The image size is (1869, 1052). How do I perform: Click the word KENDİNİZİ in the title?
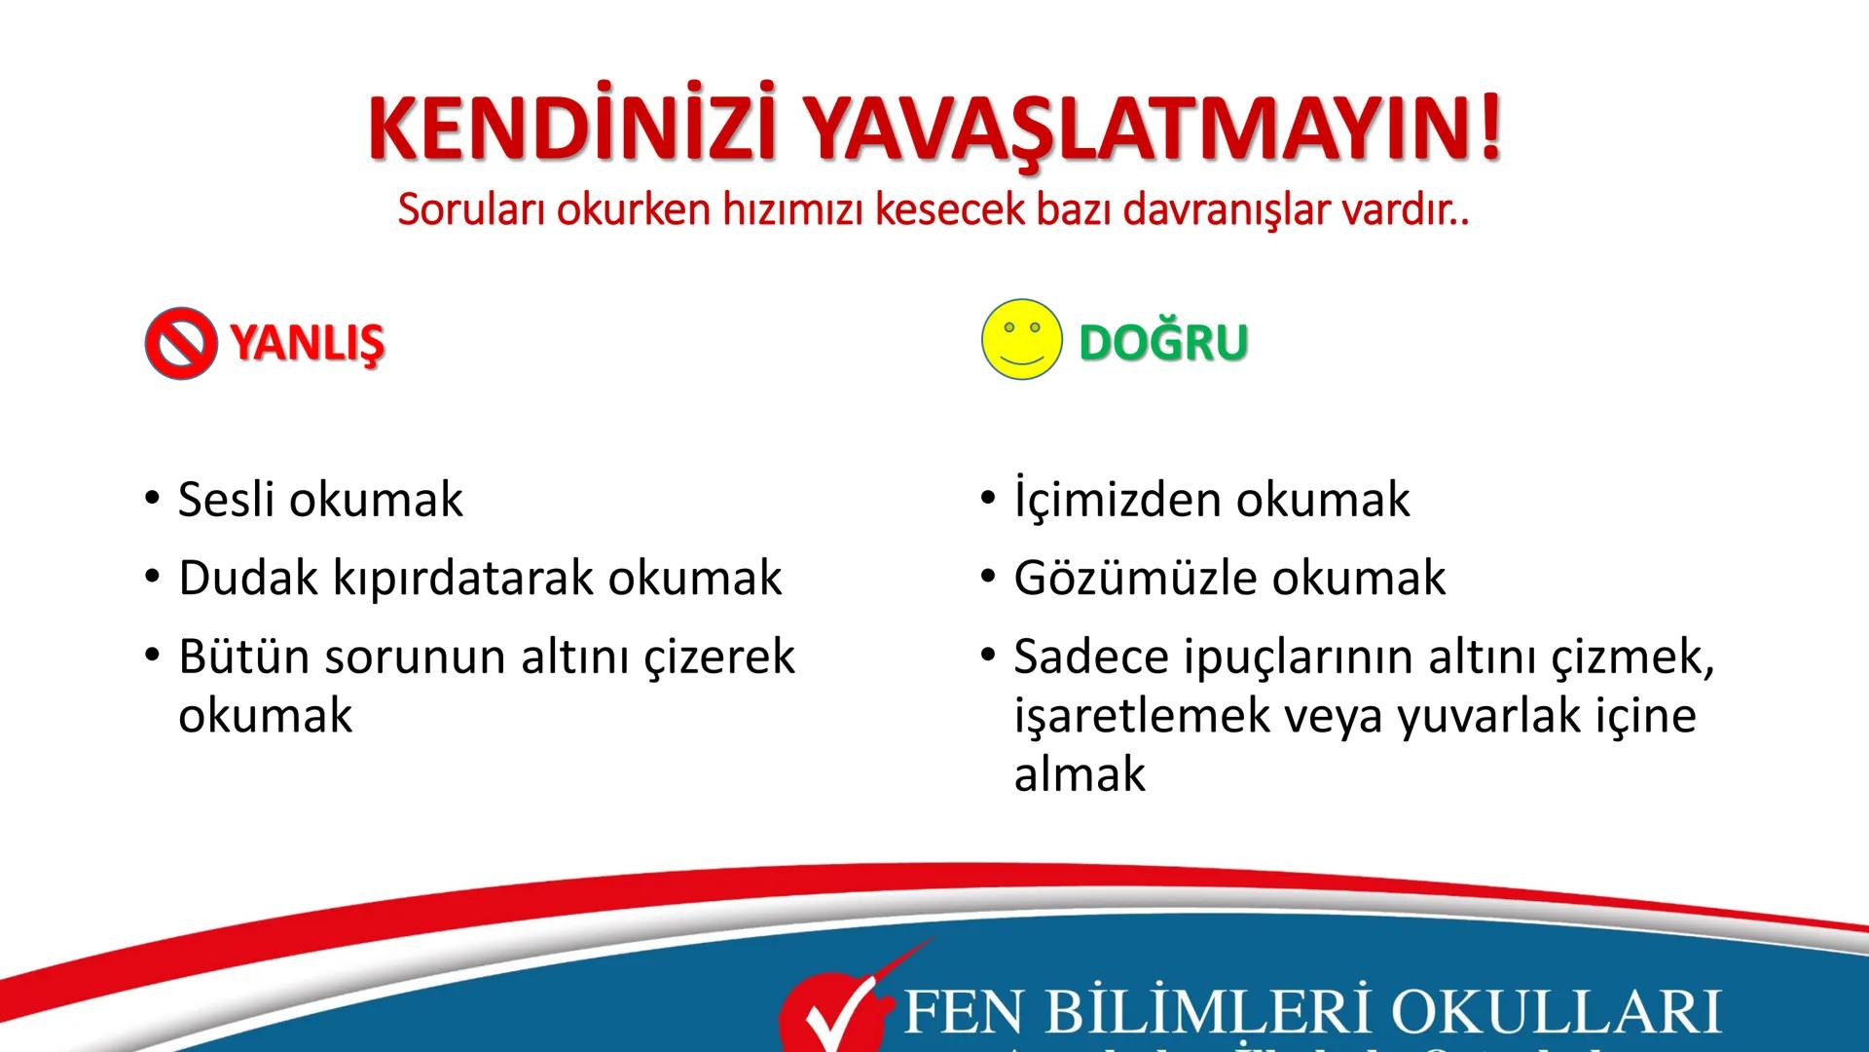[572, 129]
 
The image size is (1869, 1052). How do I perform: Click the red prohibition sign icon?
[180, 344]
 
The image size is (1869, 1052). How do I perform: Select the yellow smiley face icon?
[1021, 339]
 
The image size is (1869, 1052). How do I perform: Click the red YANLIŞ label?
[308, 343]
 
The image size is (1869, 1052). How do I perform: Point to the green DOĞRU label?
[1163, 342]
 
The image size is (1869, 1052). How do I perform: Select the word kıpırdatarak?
[464, 580]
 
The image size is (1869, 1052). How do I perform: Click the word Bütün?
[243, 657]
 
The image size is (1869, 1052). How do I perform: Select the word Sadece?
[1090, 657]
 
